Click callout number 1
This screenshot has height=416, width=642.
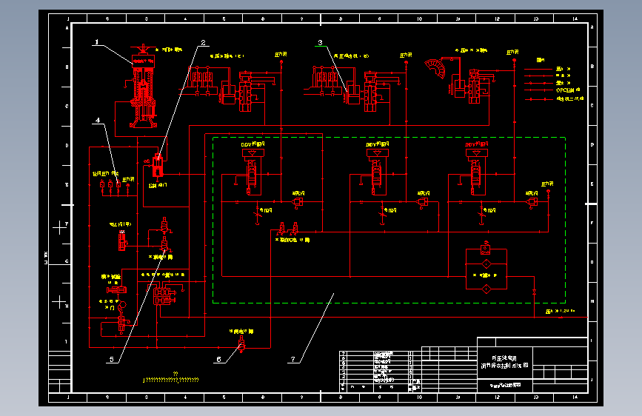pyautogui.click(x=96, y=42)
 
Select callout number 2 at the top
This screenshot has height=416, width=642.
pyautogui.click(x=201, y=42)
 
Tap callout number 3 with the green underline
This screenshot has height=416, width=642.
pyautogui.click(x=321, y=43)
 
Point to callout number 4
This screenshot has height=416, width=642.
pyautogui.click(x=96, y=119)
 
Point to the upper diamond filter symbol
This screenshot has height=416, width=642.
pyautogui.click(x=485, y=264)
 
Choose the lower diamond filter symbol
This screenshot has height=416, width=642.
pyautogui.click(x=485, y=287)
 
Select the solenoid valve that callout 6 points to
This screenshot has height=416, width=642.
pyautogui.click(x=240, y=345)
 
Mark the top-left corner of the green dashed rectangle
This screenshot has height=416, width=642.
pyautogui.click(x=213, y=138)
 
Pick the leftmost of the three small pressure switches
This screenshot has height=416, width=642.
pyautogui.click(x=101, y=185)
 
